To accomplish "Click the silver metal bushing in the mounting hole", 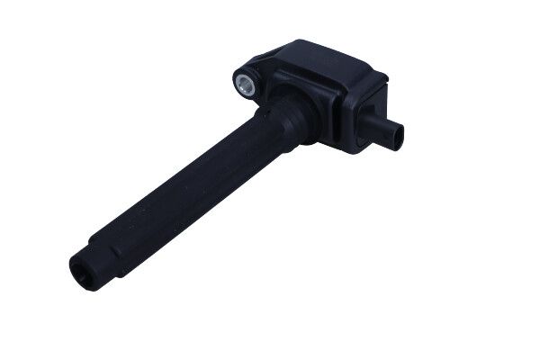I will [x=243, y=85].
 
